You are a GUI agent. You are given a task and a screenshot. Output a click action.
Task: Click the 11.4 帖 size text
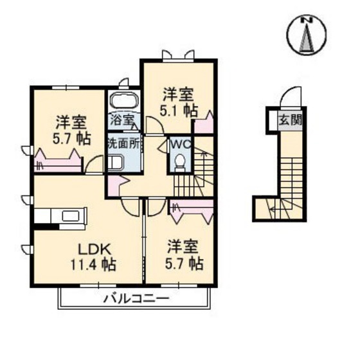[94, 264]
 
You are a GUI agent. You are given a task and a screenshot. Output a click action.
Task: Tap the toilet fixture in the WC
[181, 161]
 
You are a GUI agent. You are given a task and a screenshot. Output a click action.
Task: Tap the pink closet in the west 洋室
[58, 159]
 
